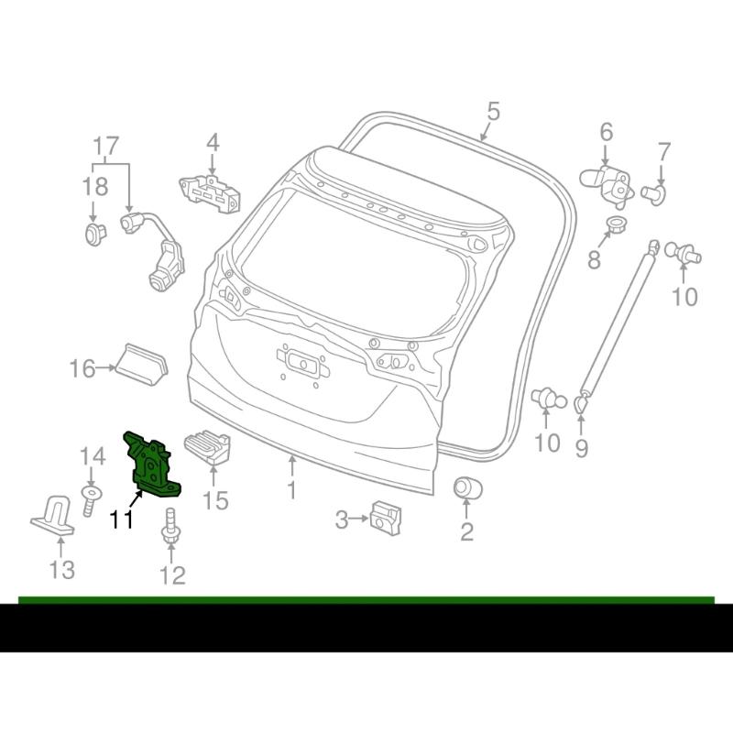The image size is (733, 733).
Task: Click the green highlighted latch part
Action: click(150, 465)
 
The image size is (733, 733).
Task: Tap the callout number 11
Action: click(122, 520)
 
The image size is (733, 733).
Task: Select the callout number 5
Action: click(493, 112)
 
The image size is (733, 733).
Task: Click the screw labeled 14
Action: click(90, 500)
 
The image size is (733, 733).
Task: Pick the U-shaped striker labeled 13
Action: click(53, 515)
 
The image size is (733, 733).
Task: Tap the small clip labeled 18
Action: click(95, 234)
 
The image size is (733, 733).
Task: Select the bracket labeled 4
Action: click(210, 193)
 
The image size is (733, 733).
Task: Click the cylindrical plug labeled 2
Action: click(468, 487)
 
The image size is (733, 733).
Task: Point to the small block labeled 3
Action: click(386, 519)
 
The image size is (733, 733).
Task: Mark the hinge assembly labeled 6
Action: click(607, 185)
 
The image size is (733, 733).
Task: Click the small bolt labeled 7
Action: click(654, 193)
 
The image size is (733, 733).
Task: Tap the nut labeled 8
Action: click(616, 226)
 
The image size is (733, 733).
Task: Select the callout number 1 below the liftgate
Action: click(291, 489)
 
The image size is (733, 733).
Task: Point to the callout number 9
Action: click(581, 448)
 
